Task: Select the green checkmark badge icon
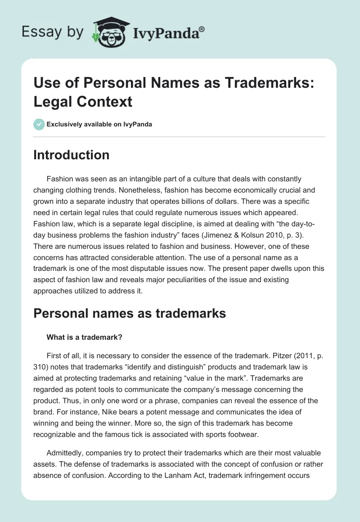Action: click(x=39, y=124)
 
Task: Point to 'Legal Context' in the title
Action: click(x=83, y=102)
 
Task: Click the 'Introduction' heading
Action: click(x=72, y=155)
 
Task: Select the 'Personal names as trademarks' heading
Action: click(x=130, y=313)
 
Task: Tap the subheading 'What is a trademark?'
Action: click(x=81, y=336)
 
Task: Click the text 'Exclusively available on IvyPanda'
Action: click(x=99, y=124)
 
